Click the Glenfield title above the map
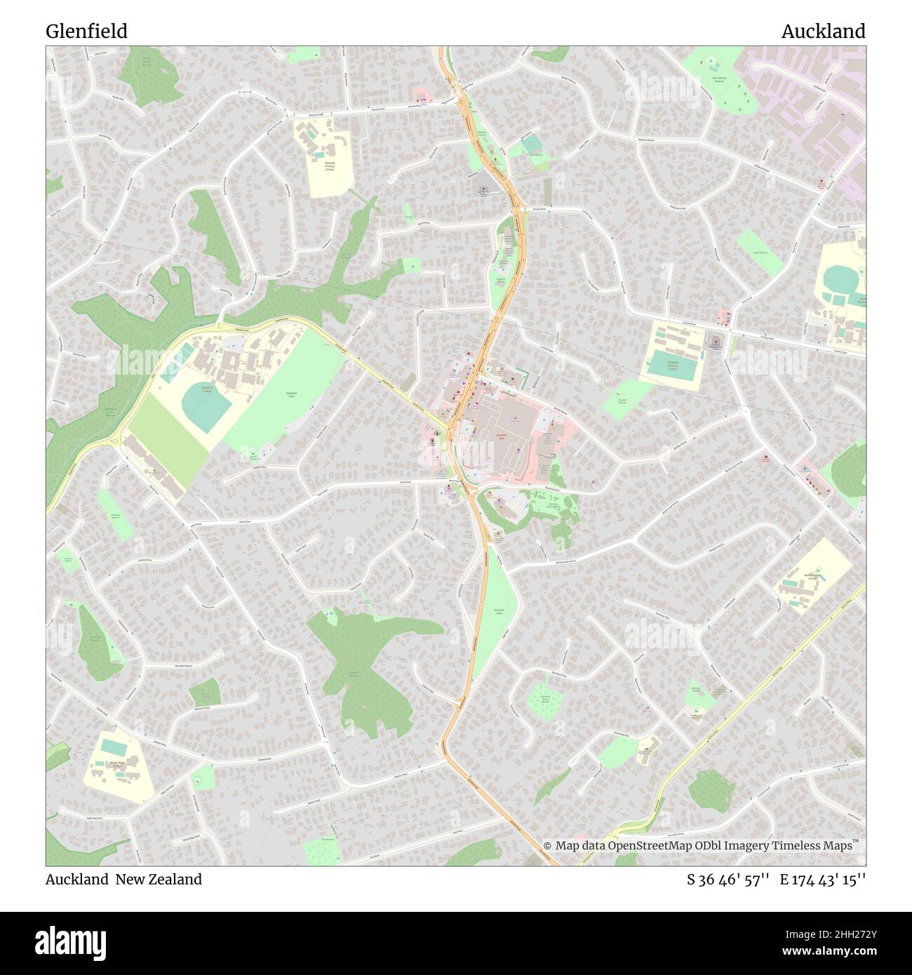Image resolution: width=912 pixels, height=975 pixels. click(x=86, y=31)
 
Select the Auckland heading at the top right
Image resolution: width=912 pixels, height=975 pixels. click(x=823, y=31)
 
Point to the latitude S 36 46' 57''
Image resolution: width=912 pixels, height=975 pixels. click(x=729, y=879)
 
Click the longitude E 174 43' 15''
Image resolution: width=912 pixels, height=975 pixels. click(x=823, y=879)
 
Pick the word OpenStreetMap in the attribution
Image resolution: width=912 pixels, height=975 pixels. click(x=652, y=845)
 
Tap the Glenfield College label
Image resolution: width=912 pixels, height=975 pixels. click(x=206, y=389)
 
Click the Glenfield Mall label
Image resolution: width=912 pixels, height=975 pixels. click(x=502, y=436)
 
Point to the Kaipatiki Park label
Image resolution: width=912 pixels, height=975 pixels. click(x=291, y=394)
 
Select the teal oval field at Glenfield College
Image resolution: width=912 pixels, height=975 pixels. click(x=206, y=407)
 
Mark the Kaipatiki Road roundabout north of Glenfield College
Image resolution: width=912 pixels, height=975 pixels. click(x=219, y=326)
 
